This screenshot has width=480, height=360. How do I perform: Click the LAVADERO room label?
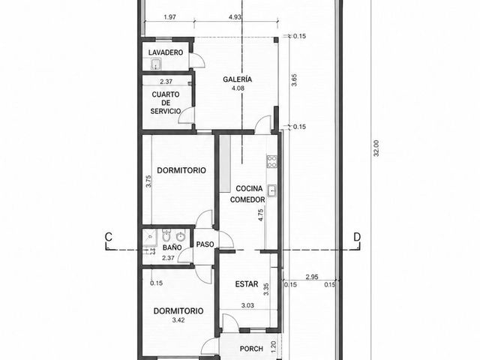pos(166,52)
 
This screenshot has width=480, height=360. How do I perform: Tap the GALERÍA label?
pos(238,79)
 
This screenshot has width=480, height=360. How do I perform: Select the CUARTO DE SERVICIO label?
pos(166,103)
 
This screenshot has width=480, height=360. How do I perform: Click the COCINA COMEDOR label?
pos(247,194)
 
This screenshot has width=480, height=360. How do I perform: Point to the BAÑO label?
pos(172,247)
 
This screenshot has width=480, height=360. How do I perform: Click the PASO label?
pos(205,244)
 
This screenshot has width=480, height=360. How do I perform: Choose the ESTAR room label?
pos(247,284)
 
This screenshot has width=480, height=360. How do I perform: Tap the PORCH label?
pos(251,349)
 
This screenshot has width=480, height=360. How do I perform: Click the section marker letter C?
pos(108,237)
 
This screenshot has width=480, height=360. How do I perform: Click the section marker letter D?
pos(357,237)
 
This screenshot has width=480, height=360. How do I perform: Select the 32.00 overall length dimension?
pos(376,148)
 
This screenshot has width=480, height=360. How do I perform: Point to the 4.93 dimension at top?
pos(235,17)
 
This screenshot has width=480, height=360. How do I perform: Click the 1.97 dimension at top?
pos(170,17)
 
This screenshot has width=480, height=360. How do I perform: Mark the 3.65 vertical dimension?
pos(294,80)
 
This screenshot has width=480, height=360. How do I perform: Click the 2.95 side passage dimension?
pos(312,277)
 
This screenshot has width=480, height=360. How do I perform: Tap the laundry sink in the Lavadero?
pos(156,64)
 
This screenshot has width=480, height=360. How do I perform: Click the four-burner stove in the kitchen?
pos(271,162)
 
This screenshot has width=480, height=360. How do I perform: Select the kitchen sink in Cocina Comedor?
pos(271,190)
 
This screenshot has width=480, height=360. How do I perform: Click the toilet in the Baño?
pos(166,235)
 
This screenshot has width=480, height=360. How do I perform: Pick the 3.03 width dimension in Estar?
pos(247,305)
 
